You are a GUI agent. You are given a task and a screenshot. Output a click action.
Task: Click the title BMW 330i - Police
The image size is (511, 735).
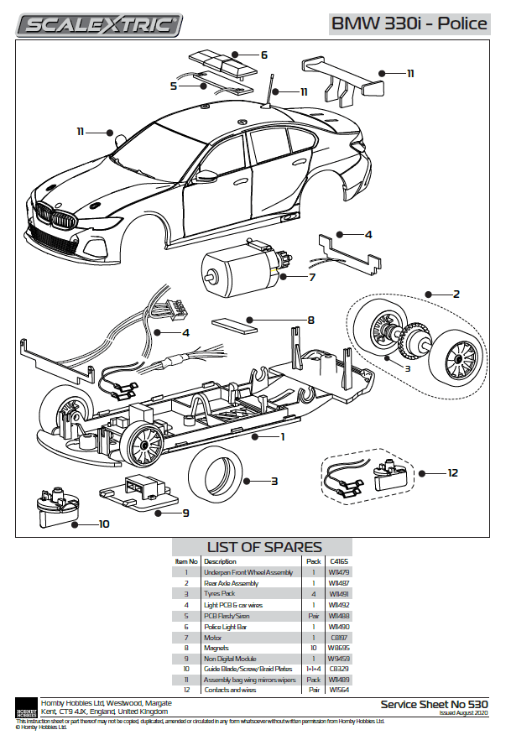409,23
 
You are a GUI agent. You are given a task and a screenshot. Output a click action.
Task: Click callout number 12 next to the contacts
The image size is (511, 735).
453,473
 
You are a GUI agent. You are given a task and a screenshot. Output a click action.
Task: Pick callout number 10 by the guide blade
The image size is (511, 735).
104,524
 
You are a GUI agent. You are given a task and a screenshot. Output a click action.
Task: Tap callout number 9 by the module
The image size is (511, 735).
185,513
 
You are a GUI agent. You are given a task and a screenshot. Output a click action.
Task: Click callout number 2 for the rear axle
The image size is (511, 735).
456,295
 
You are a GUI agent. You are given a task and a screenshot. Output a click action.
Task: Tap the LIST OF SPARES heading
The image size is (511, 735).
264,548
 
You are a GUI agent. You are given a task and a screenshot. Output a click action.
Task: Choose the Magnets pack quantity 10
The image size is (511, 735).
313,649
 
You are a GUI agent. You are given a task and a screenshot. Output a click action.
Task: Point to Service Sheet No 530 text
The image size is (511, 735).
433,704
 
